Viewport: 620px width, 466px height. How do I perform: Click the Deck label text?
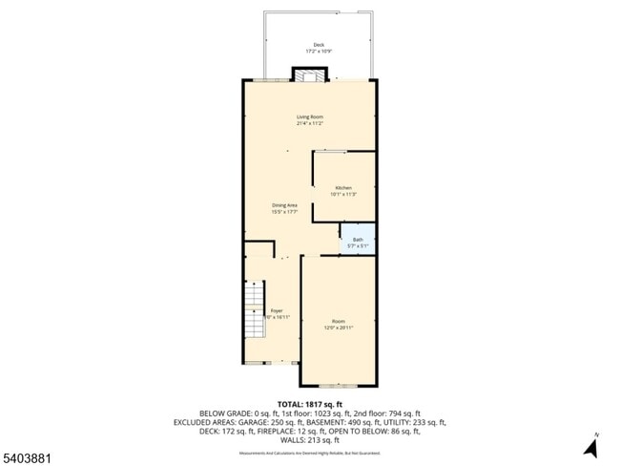[x=318, y=45]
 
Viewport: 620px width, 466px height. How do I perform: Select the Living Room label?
[x=309, y=116]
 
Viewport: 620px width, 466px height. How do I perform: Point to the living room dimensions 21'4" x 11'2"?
[x=309, y=123]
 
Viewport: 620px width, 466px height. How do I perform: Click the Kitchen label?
[x=342, y=187]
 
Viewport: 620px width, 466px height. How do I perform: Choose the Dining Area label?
[x=285, y=205]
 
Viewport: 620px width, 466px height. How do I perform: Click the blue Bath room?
[x=358, y=242]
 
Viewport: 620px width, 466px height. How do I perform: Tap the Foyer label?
[x=276, y=310]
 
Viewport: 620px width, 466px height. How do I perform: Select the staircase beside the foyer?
[x=252, y=316]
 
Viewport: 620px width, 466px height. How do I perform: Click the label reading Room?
[x=339, y=321]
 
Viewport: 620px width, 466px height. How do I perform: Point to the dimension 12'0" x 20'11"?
[x=339, y=328]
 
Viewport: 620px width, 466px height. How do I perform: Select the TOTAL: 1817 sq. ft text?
[x=309, y=404]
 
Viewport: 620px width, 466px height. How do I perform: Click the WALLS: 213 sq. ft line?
[x=309, y=440]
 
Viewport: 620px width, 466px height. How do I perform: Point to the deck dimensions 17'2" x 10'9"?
[x=318, y=51]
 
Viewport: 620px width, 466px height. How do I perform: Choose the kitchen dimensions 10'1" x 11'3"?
[x=342, y=194]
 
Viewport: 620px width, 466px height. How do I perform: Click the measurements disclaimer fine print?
[x=309, y=452]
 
